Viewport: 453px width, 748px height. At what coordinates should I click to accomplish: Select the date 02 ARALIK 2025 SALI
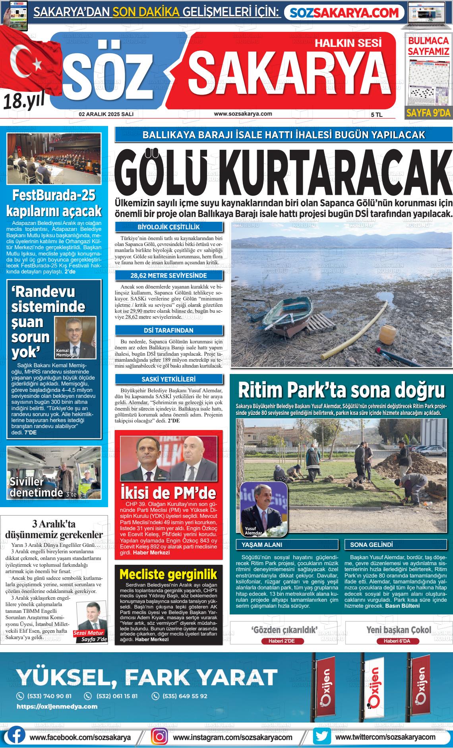106,114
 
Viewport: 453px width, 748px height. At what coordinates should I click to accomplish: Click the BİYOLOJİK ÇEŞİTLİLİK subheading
169,227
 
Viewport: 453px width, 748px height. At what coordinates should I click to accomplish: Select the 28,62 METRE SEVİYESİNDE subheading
169,275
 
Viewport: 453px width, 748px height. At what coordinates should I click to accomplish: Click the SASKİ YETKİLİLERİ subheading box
169,379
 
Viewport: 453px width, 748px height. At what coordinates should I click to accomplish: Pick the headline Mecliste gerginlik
168,574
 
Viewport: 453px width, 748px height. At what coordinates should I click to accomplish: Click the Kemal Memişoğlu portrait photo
75,337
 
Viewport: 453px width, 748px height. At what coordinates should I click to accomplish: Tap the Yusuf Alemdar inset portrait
264,509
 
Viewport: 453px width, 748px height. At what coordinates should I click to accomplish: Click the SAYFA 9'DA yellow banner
428,113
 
